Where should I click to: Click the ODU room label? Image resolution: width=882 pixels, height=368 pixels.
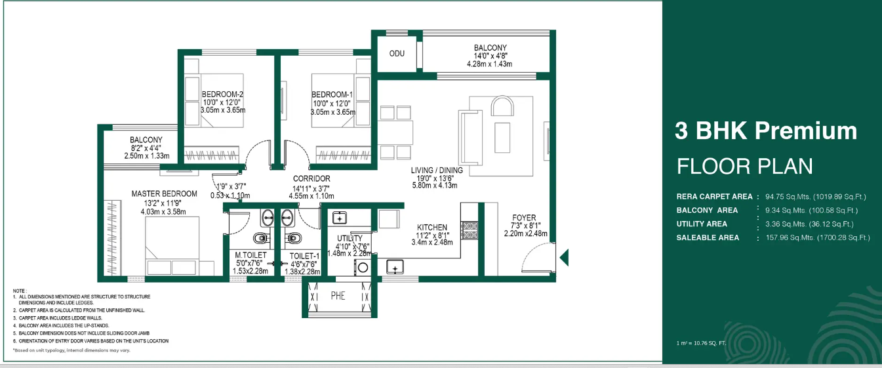coord(396,53)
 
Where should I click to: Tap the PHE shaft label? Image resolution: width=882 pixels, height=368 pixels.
coord(338,296)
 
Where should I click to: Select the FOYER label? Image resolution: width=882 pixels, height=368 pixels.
coord(524,218)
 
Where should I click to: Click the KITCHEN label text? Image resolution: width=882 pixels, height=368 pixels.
coord(432,228)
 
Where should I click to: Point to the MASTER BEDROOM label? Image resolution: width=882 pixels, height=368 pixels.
coord(164,194)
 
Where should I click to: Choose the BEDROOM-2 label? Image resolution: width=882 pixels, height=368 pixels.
coord(222,94)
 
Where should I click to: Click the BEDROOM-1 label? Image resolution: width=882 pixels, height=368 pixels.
coord(332,94)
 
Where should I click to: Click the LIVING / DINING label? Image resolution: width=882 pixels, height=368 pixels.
coord(437,171)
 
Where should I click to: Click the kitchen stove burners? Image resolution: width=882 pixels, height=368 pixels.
coord(470,230)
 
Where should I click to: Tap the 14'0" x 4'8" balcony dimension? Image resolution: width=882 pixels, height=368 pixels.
coord(490,56)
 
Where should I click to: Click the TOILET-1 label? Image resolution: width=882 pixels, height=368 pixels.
coord(304,255)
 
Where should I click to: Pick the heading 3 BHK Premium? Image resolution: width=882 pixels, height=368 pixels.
coord(765,131)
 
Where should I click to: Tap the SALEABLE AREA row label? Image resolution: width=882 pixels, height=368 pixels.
coord(708,237)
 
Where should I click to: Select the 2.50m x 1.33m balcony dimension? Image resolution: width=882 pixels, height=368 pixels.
coord(146,156)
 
